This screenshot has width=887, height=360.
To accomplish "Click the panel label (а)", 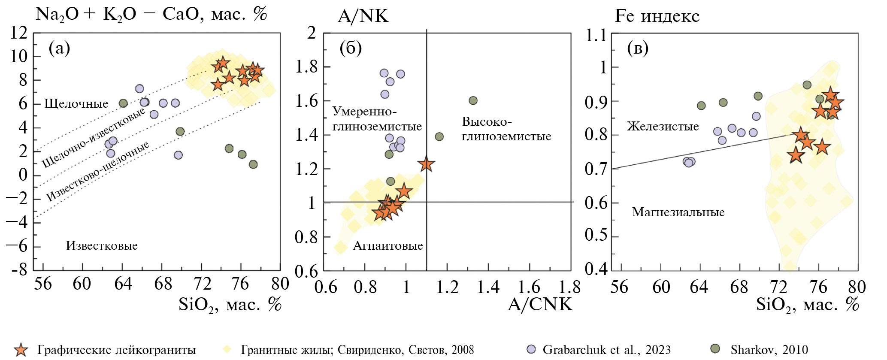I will point(59,48).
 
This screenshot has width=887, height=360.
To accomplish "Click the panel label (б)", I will point(351,48).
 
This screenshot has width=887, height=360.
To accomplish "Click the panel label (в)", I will point(637,48).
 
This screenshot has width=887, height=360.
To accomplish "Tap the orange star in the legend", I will point(21,350).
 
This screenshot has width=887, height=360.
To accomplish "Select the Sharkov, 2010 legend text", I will point(769,350).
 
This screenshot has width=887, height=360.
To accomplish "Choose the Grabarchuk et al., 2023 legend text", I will point(606,350).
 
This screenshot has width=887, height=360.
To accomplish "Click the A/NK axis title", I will point(363,16).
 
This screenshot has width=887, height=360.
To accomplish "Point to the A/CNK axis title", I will point(540,304).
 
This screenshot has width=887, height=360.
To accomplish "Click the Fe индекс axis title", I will point(657,16).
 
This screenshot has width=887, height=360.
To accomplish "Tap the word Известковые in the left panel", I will point(102,246).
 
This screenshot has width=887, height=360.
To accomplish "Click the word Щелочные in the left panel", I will point(76,103).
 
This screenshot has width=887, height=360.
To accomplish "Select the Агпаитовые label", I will point(388,246).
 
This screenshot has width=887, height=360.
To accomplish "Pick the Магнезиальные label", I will point(678,212).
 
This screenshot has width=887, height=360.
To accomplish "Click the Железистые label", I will point(663,127).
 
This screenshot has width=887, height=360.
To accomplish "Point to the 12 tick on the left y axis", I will point(19,33).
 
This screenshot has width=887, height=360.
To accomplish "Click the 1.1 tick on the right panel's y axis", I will point(596,35).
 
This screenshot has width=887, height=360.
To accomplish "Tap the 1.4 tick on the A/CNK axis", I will point(489,287).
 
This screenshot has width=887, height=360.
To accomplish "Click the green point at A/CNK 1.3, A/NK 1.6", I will point(473,100).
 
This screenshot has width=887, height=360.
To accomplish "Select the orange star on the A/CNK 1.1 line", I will point(426,164).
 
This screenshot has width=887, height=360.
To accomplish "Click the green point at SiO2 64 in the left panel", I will point(123,103).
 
